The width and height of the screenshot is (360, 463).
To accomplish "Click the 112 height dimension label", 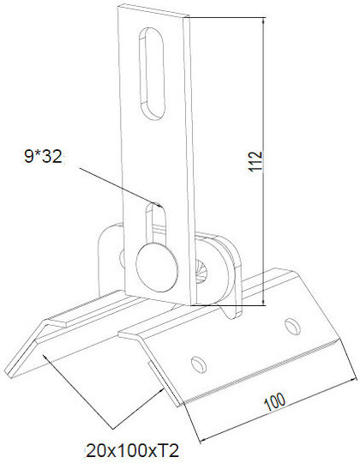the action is coord(255,161).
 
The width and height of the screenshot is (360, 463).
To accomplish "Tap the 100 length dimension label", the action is coord(275,401).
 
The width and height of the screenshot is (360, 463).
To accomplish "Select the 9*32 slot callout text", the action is coord(43,157).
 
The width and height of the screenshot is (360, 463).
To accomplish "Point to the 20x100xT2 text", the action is coord(133,451).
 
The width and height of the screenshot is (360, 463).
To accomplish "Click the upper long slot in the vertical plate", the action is coord(152,74).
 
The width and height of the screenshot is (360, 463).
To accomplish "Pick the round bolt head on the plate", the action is coord(157,268).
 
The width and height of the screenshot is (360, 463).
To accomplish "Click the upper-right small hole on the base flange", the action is coord(292,327).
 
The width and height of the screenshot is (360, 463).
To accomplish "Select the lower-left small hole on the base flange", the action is coord(199,364).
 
